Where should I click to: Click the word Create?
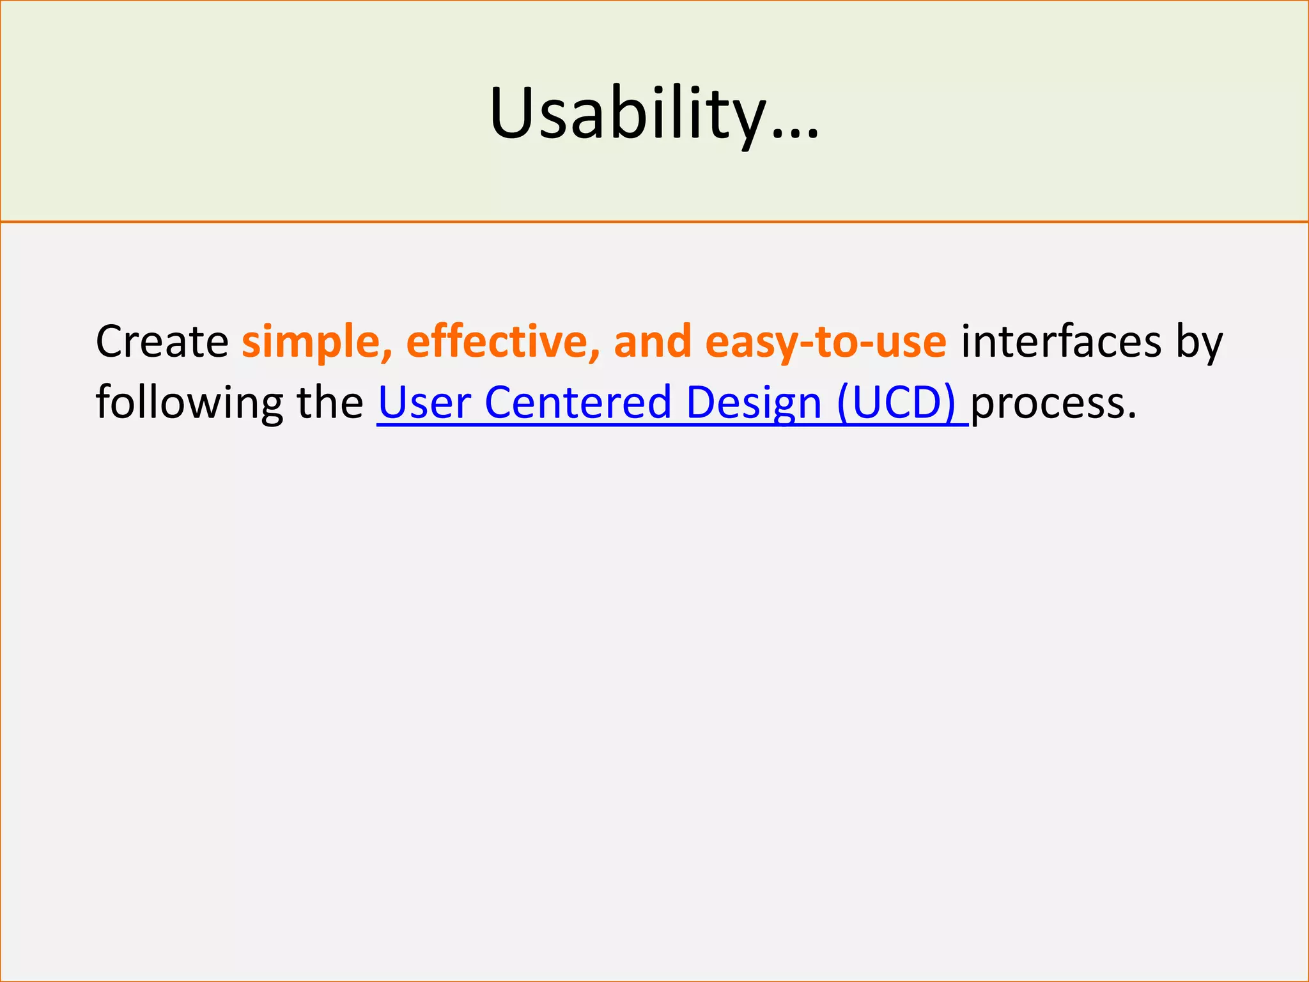click(162, 341)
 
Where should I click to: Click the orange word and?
click(653, 341)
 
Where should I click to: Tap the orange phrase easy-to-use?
click(826, 343)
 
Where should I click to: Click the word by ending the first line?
click(1200, 343)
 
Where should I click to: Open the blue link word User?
click(424, 403)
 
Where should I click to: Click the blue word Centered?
click(577, 403)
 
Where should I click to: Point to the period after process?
click(1132, 416)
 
